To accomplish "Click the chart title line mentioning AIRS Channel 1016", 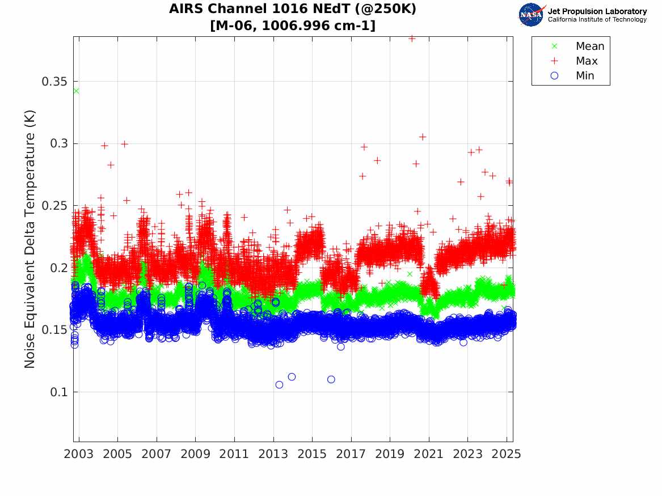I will [x=293, y=10].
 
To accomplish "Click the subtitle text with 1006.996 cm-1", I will [x=293, y=26].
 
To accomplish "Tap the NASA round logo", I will [x=532, y=15].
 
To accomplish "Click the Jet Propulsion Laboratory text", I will [x=597, y=11].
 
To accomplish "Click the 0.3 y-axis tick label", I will [x=59, y=143].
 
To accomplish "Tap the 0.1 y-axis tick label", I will [x=59, y=392].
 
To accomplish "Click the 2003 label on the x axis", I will [x=79, y=455].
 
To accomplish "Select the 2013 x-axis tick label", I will [x=273, y=455].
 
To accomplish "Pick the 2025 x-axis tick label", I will [x=507, y=455].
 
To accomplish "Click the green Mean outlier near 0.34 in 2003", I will [x=76, y=91].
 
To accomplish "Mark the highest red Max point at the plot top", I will [x=412, y=39].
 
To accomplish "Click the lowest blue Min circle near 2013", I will [x=279, y=385].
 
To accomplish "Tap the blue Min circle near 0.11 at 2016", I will [x=331, y=379].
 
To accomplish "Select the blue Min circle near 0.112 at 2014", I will [x=292, y=377].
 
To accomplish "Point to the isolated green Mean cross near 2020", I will [x=410, y=274].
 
